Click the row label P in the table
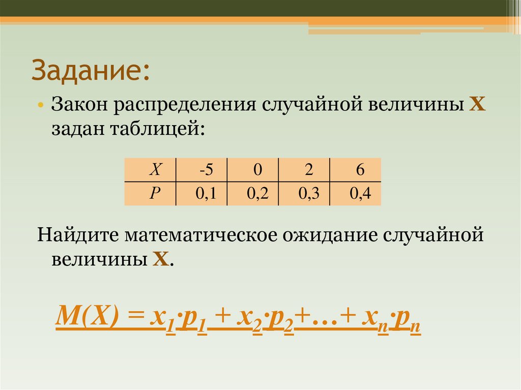coord(151,194)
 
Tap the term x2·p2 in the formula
coord(265,320)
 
